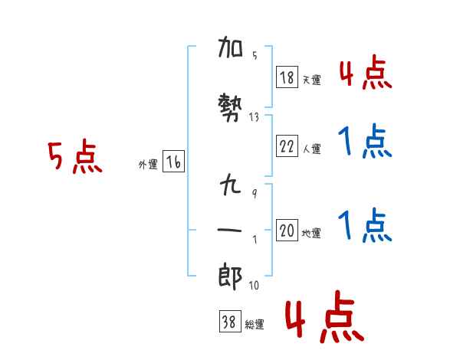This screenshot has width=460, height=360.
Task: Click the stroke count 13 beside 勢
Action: (255, 117)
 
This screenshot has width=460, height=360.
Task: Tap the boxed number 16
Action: (173, 162)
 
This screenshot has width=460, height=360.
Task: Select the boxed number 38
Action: (229, 323)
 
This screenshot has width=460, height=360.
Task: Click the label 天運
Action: (311, 80)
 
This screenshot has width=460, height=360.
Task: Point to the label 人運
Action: (311, 149)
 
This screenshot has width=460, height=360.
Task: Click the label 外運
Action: (147, 165)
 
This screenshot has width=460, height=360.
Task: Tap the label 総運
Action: (255, 326)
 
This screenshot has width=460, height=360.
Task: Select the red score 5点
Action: (75, 158)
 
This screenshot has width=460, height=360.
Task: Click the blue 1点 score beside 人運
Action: (365, 141)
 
